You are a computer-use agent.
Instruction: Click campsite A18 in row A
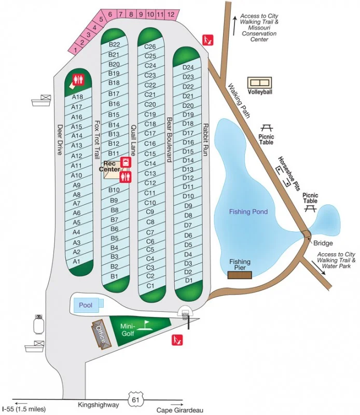click(x=78, y=97)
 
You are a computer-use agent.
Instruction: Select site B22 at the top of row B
click(x=114, y=45)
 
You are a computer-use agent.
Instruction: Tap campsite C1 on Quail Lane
click(x=150, y=286)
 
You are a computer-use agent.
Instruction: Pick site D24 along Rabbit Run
click(x=188, y=67)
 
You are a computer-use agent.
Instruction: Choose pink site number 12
click(x=171, y=15)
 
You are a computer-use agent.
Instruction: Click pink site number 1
click(x=76, y=50)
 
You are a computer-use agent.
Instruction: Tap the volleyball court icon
click(x=260, y=83)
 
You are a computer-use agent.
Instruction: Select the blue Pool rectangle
click(x=86, y=306)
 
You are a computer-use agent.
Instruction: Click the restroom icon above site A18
click(x=78, y=80)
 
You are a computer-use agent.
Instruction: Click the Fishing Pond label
click(x=250, y=212)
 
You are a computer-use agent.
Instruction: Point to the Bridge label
click(x=323, y=243)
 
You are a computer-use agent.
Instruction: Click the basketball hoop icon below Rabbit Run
click(x=186, y=314)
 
